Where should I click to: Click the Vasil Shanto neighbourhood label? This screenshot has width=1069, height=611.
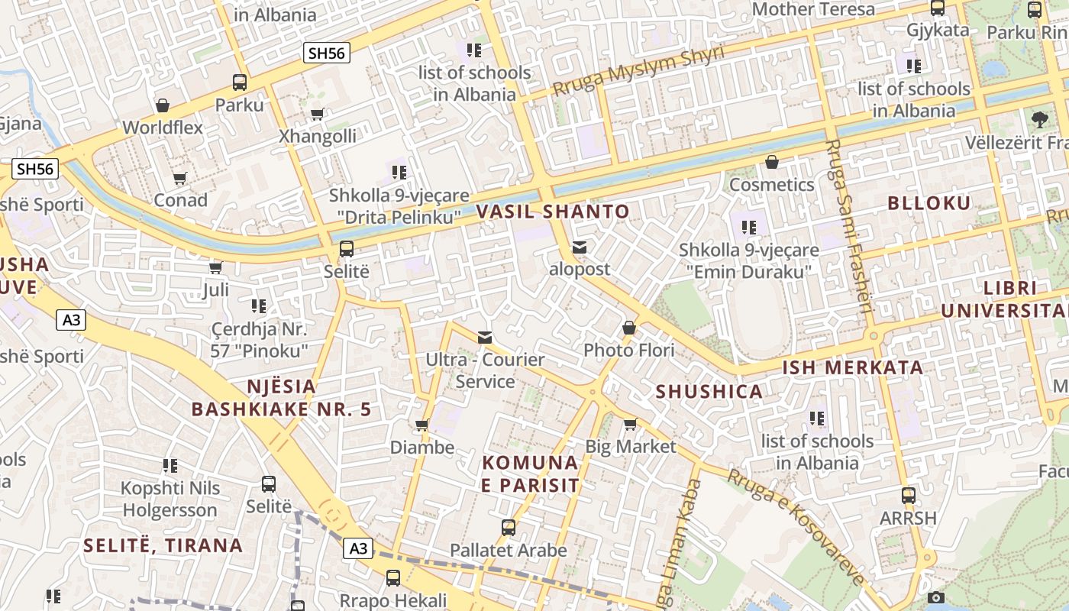point(553,212)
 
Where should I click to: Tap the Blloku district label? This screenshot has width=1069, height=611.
point(929,203)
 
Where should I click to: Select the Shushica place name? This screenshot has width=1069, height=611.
point(709,392)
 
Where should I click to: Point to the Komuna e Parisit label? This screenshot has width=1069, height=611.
point(531,474)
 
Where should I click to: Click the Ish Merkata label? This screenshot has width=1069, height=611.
point(852,367)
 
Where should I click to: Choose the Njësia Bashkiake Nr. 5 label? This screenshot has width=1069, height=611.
point(281,398)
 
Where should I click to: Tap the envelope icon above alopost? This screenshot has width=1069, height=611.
point(580,247)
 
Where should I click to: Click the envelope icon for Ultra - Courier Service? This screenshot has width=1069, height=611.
point(485,338)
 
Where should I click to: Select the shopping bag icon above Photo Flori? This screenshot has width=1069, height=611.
point(629,328)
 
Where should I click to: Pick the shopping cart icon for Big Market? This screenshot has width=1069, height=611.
point(630,424)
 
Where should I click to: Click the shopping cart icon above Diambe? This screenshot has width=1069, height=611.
point(421,425)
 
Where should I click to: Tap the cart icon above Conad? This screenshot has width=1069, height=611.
point(180,178)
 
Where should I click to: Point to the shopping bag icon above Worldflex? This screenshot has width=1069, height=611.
point(162,105)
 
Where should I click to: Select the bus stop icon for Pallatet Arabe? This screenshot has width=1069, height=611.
point(509,528)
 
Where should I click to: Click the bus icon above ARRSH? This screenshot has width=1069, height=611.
point(908,495)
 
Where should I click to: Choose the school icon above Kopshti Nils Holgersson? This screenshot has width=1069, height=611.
point(170,465)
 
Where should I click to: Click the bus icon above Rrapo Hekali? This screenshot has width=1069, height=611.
point(393,577)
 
